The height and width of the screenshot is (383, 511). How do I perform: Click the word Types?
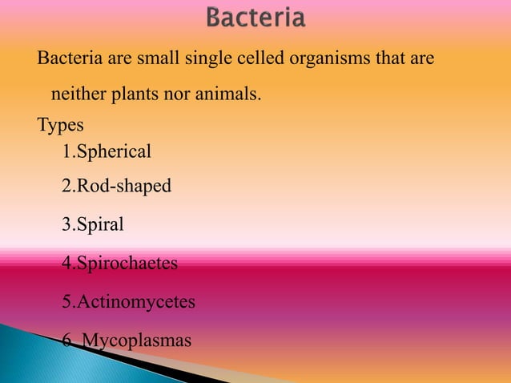[60, 126]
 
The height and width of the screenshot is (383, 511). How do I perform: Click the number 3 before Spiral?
[66, 225]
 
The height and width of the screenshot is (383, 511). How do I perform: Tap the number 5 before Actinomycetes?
[66, 303]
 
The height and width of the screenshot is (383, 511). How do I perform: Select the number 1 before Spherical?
[66, 151]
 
